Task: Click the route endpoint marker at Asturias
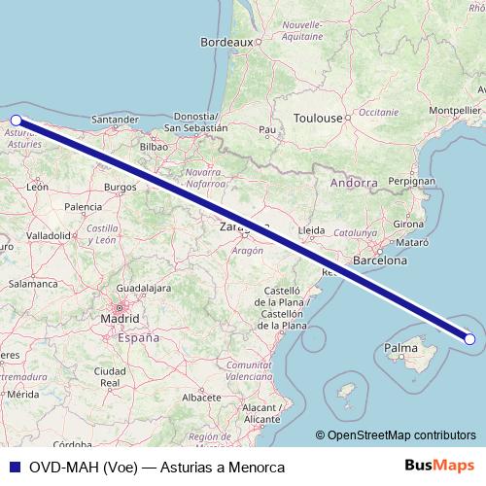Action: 16,121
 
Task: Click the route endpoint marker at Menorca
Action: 470,339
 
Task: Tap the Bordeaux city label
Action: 226,43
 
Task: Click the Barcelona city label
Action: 380,260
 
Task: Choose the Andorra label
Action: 354,183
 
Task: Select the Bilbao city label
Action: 155,147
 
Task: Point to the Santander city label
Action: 114,120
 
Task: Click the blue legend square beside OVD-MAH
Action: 13,467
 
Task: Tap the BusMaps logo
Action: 439,466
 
